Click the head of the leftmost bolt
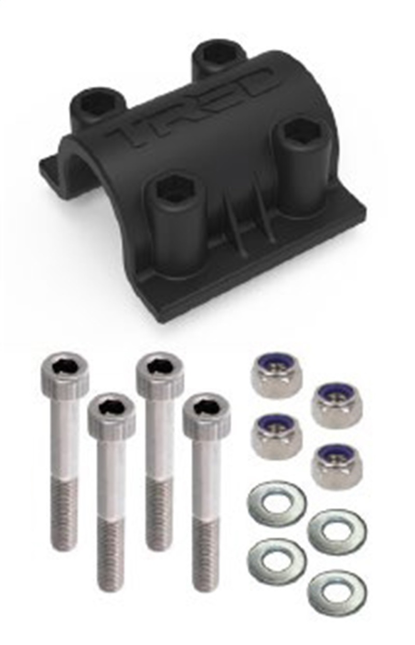tap(65, 370)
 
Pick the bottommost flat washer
tap(337, 593)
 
